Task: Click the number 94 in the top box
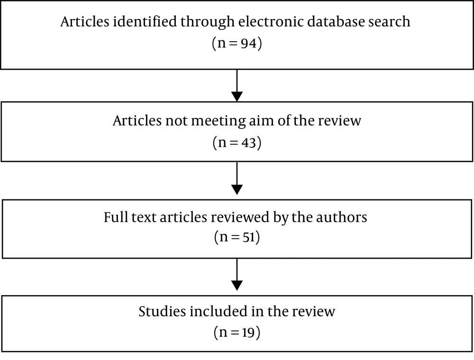pyautogui.click(x=248, y=43)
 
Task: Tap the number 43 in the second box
pyautogui.click(x=248, y=143)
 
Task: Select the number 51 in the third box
pyautogui.click(x=249, y=237)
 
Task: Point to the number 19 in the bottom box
pyautogui.click(x=248, y=333)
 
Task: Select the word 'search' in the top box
pyautogui.click(x=385, y=21)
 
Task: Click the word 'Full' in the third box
pyautogui.click(x=116, y=217)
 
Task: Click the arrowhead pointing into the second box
pyautogui.click(x=237, y=97)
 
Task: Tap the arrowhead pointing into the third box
pyautogui.click(x=237, y=189)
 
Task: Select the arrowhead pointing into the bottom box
pyautogui.click(x=237, y=286)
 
